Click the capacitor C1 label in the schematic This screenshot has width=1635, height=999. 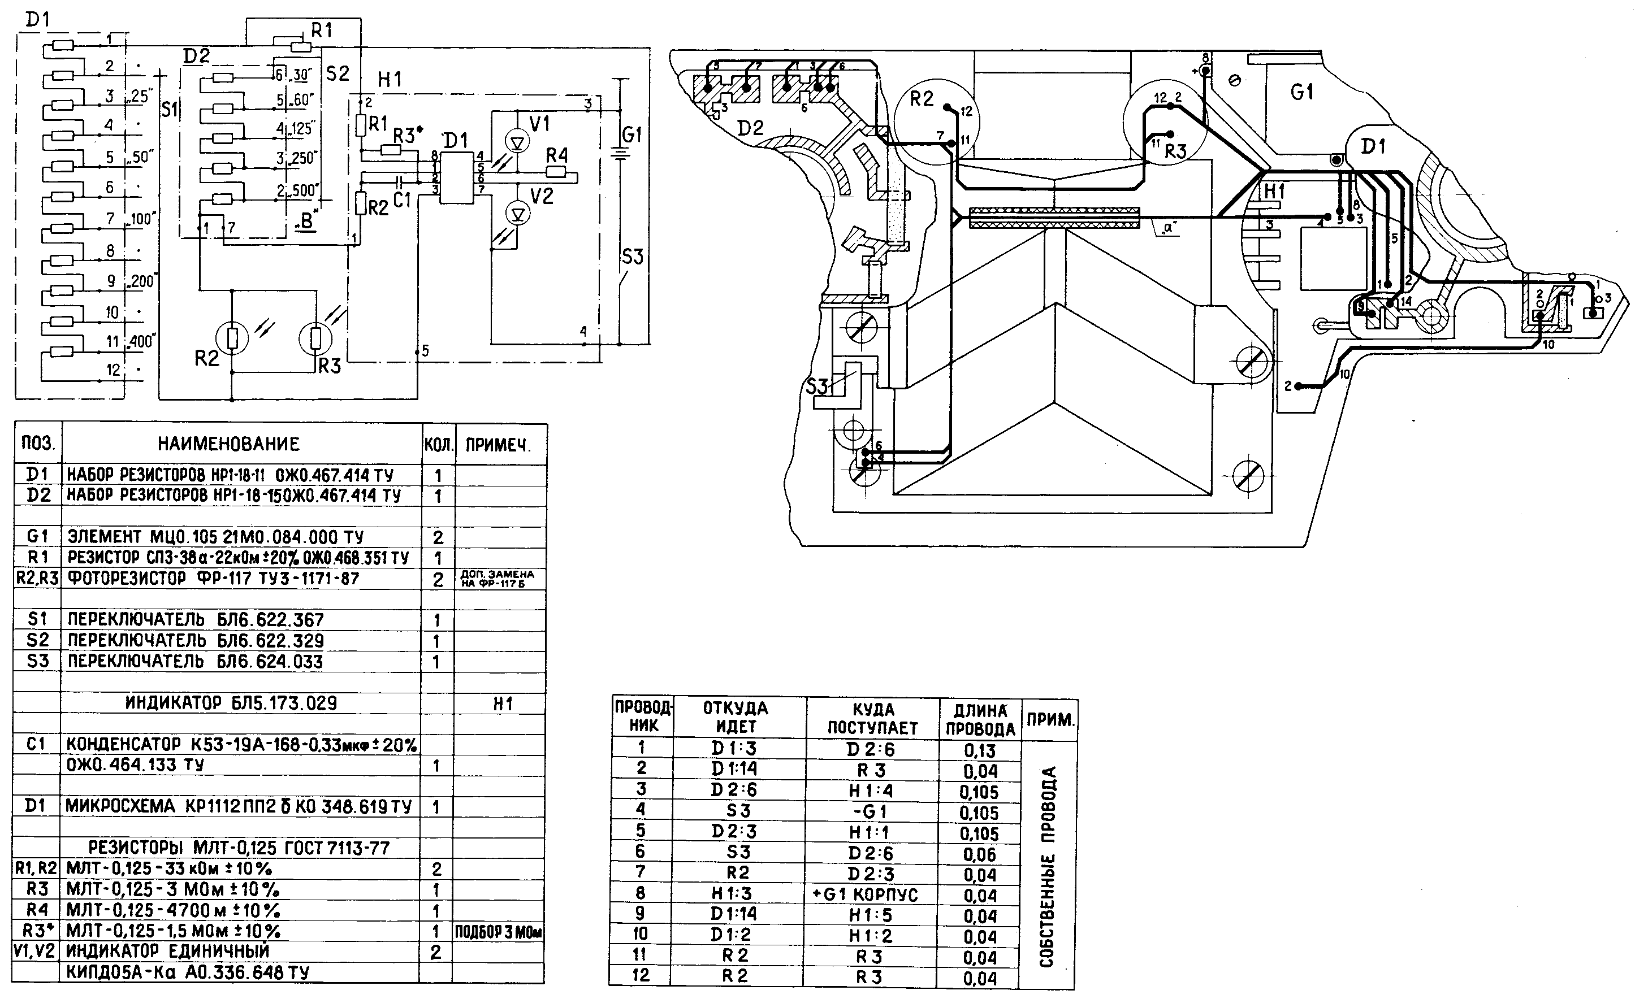[402, 199]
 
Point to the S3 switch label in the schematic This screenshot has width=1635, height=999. [633, 256]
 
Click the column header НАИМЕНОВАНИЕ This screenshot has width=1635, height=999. [229, 444]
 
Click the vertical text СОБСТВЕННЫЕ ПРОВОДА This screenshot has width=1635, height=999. [1047, 866]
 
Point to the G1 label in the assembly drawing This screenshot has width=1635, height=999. [1302, 92]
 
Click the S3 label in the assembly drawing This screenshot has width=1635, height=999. [817, 385]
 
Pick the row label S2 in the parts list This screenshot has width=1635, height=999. [38, 640]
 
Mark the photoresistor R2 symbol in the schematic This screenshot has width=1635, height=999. [232, 339]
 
